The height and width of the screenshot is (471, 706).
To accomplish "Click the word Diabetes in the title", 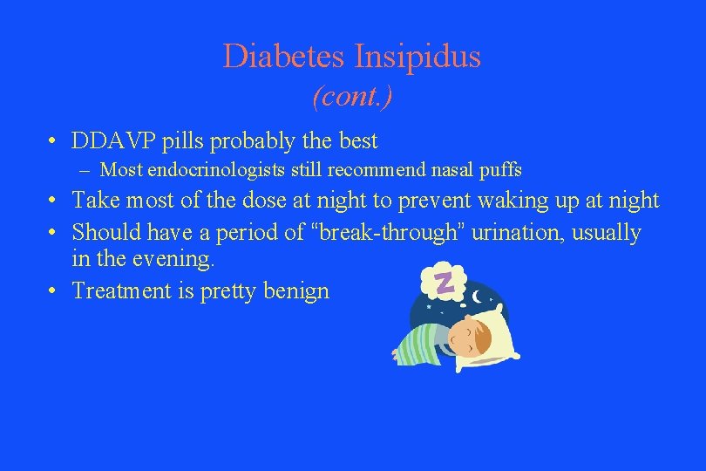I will tap(285, 57).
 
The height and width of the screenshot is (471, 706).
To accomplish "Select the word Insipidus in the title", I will tap(417, 57).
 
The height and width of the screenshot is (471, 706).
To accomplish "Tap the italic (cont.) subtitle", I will tap(352, 96).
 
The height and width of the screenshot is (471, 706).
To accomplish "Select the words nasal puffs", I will tap(480, 170).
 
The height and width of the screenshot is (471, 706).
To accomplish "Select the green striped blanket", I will tap(418, 340).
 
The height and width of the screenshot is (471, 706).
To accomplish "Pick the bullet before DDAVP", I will tap(54, 141).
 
